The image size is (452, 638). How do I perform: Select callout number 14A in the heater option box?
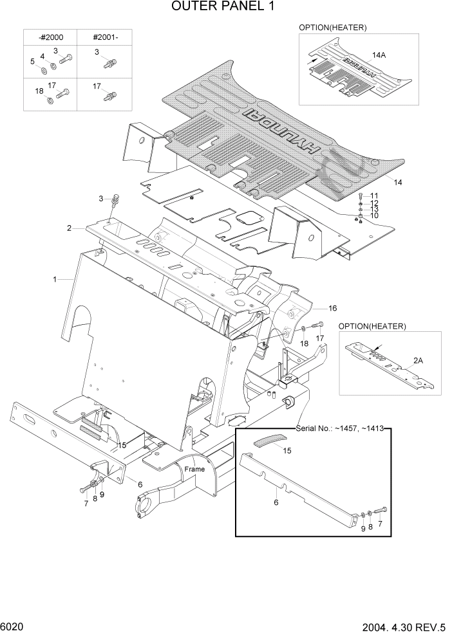point(379,55)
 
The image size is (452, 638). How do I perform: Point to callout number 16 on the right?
point(333,308)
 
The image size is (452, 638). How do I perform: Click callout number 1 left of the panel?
point(55,280)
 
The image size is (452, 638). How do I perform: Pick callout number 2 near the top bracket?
point(68,228)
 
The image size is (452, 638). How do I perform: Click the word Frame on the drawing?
point(194,469)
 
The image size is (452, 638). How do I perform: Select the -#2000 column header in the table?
point(50,37)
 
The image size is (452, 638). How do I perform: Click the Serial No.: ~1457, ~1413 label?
point(339,428)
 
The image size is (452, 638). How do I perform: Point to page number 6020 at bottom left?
point(13,626)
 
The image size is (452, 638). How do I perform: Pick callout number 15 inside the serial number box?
point(287,451)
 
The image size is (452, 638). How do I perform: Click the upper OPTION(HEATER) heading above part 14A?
point(332,28)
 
